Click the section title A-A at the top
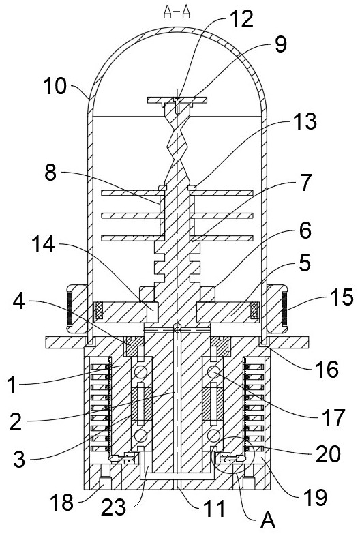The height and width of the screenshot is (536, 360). [x=177, y=12]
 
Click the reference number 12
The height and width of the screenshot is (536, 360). [x=241, y=18]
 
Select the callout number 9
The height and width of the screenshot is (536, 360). [x=281, y=44]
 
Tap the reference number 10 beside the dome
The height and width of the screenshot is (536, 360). [x=55, y=86]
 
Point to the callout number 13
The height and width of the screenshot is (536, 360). [x=305, y=121]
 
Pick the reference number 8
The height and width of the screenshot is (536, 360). [x=50, y=173]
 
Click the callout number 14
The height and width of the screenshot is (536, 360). [x=44, y=244]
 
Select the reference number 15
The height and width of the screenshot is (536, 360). [x=342, y=297]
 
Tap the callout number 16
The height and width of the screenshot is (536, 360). [x=327, y=369]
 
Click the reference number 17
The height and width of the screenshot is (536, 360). [x=332, y=418]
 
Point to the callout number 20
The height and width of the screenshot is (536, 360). [x=328, y=454]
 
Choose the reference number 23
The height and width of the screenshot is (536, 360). [x=114, y=507]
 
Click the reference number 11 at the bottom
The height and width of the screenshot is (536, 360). [x=214, y=508]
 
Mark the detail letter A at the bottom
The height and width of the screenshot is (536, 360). [x=268, y=521]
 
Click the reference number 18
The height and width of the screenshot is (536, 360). [x=61, y=503]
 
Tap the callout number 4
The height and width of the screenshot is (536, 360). [x=19, y=301]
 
